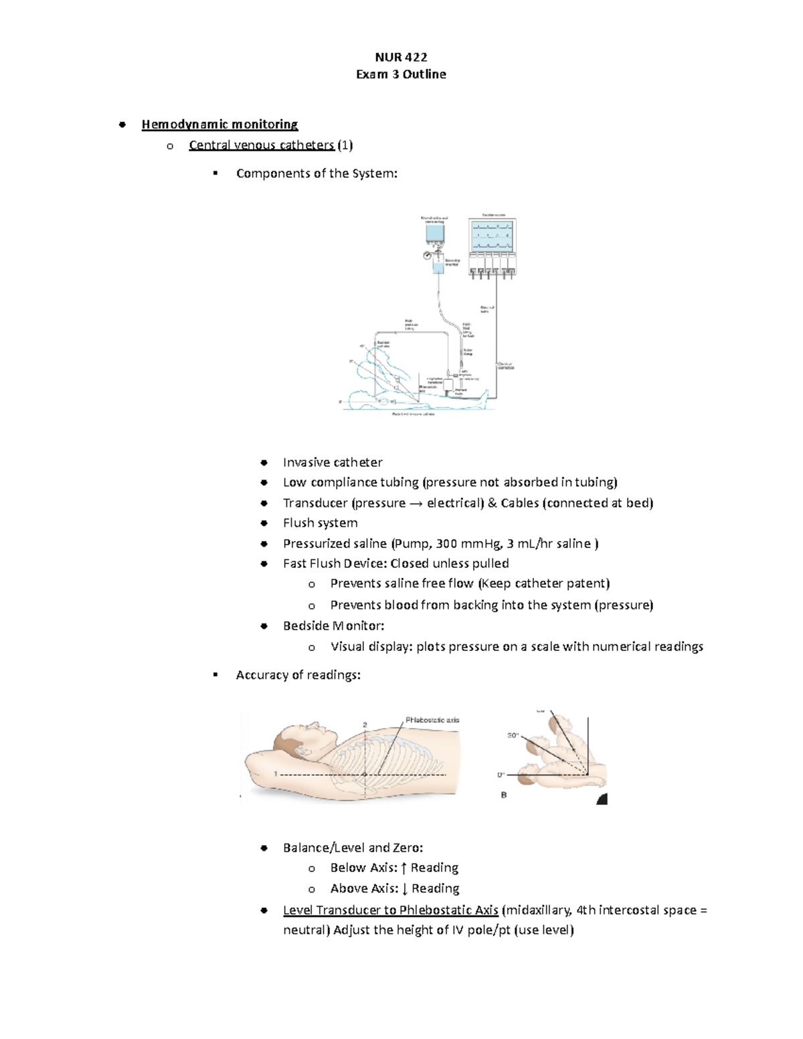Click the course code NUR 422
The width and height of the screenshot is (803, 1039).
pos(401,57)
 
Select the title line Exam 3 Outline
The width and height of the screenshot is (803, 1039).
pos(401,74)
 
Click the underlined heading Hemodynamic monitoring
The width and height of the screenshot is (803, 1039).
pos(219,124)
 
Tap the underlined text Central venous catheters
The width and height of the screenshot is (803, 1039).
pos(261,145)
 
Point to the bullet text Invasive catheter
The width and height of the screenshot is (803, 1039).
pos(333,462)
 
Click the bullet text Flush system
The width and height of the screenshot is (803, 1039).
pos(320,523)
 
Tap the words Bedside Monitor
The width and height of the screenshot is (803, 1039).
pos(332,626)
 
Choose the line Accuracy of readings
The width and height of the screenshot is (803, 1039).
pos(298,675)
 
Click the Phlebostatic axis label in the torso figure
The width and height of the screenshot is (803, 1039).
pos(432,721)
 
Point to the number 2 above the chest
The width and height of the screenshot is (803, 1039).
pos(365,725)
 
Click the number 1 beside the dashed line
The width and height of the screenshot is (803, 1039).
pos(276,774)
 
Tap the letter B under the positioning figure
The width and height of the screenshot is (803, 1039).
pos(504,795)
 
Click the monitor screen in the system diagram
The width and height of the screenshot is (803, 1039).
pos(492,235)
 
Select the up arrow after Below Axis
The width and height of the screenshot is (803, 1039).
pos(404,868)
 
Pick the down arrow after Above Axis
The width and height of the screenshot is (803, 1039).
pos(404,889)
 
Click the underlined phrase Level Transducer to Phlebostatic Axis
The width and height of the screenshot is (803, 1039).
pos(390,910)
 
